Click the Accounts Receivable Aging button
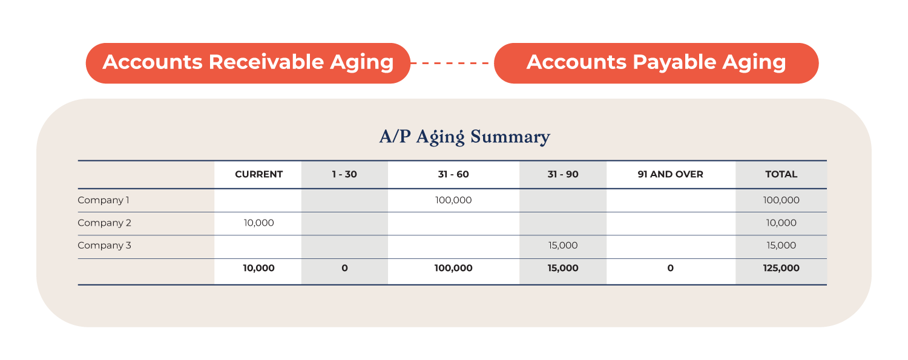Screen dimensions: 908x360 [248, 63]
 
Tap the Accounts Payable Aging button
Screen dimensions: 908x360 [656, 63]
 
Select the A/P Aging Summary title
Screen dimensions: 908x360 [464, 137]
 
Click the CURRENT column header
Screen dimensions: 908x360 [258, 174]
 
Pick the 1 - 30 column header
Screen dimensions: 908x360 [344, 174]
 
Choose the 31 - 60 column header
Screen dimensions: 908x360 [453, 174]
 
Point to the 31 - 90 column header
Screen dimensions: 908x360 [562, 174]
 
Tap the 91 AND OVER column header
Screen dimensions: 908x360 [671, 174]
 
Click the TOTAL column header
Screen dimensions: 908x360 [781, 174]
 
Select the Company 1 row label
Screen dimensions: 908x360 [104, 200]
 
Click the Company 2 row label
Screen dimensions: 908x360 [104, 223]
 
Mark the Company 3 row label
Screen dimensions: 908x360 [104, 246]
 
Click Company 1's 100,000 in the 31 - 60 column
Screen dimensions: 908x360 [453, 200]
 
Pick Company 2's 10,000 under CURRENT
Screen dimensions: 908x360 [258, 223]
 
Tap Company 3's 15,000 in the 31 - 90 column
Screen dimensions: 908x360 [562, 246]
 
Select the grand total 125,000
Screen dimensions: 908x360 [781, 268]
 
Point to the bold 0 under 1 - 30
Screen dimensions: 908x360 [344, 268]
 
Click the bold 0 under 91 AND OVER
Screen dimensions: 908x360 [671, 268]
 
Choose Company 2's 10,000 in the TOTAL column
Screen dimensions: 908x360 [781, 223]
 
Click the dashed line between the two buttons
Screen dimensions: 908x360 [452, 63]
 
